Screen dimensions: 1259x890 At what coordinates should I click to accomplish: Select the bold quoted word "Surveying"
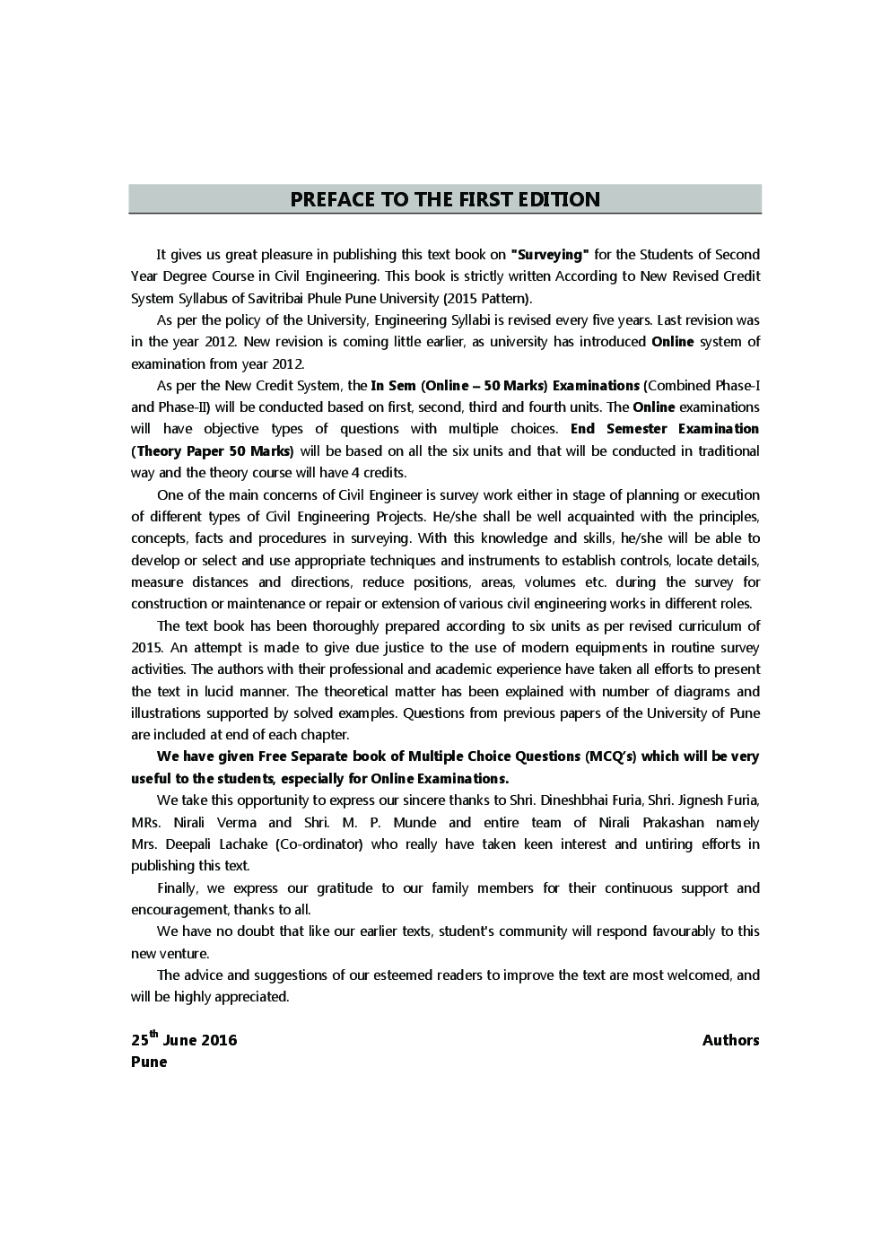549,255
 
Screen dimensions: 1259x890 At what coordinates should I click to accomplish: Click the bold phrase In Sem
393,386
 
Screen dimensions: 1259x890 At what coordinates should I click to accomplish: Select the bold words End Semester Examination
664,429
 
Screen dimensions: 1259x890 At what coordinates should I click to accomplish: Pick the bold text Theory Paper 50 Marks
214,451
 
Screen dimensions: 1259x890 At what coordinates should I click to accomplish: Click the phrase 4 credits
384,473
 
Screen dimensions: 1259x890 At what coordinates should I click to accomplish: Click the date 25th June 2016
184,1040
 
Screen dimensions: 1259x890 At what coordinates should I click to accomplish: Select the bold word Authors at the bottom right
730,1040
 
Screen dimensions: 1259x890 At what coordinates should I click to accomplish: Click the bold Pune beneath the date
149,1062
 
